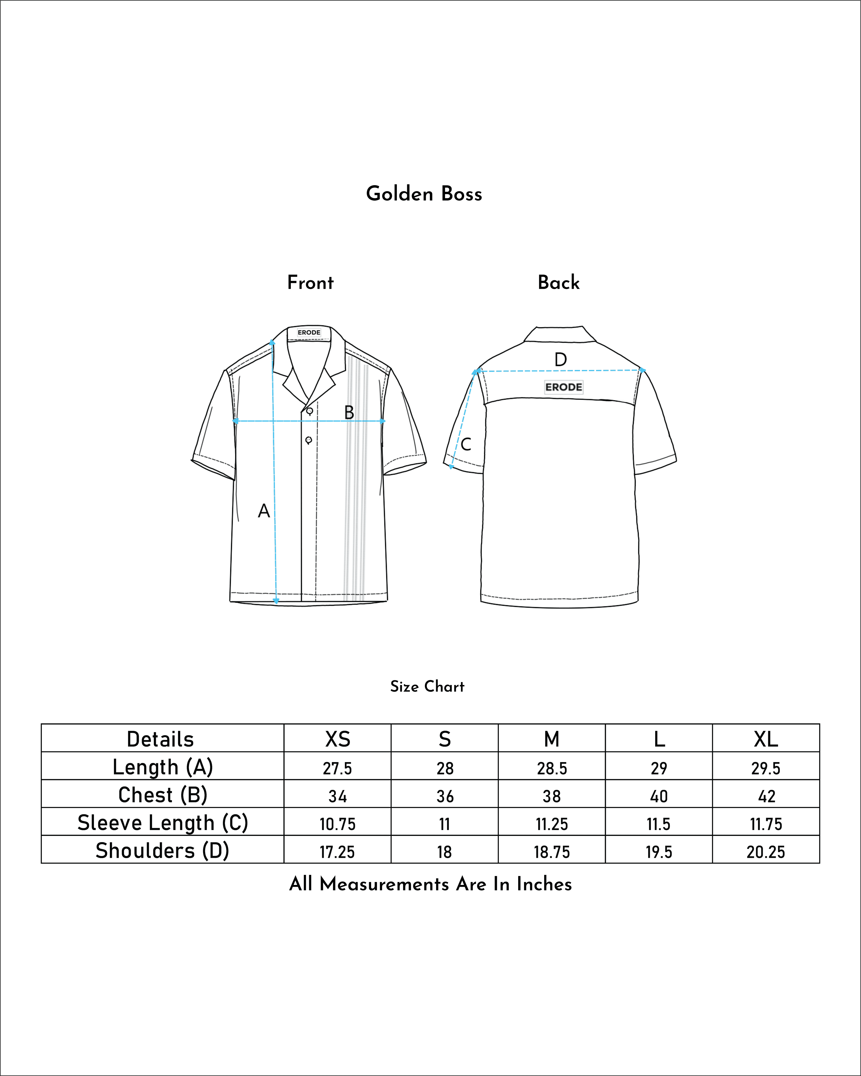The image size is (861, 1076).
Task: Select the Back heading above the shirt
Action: tap(559, 283)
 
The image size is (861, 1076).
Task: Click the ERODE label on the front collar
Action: tap(309, 332)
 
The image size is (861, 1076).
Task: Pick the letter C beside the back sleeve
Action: tap(466, 444)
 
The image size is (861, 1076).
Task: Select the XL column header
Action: tap(766, 739)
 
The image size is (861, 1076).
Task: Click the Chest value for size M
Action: tap(552, 796)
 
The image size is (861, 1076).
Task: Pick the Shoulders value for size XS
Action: tap(337, 852)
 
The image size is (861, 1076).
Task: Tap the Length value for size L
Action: tap(659, 768)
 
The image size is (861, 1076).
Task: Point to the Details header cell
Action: tap(160, 739)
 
